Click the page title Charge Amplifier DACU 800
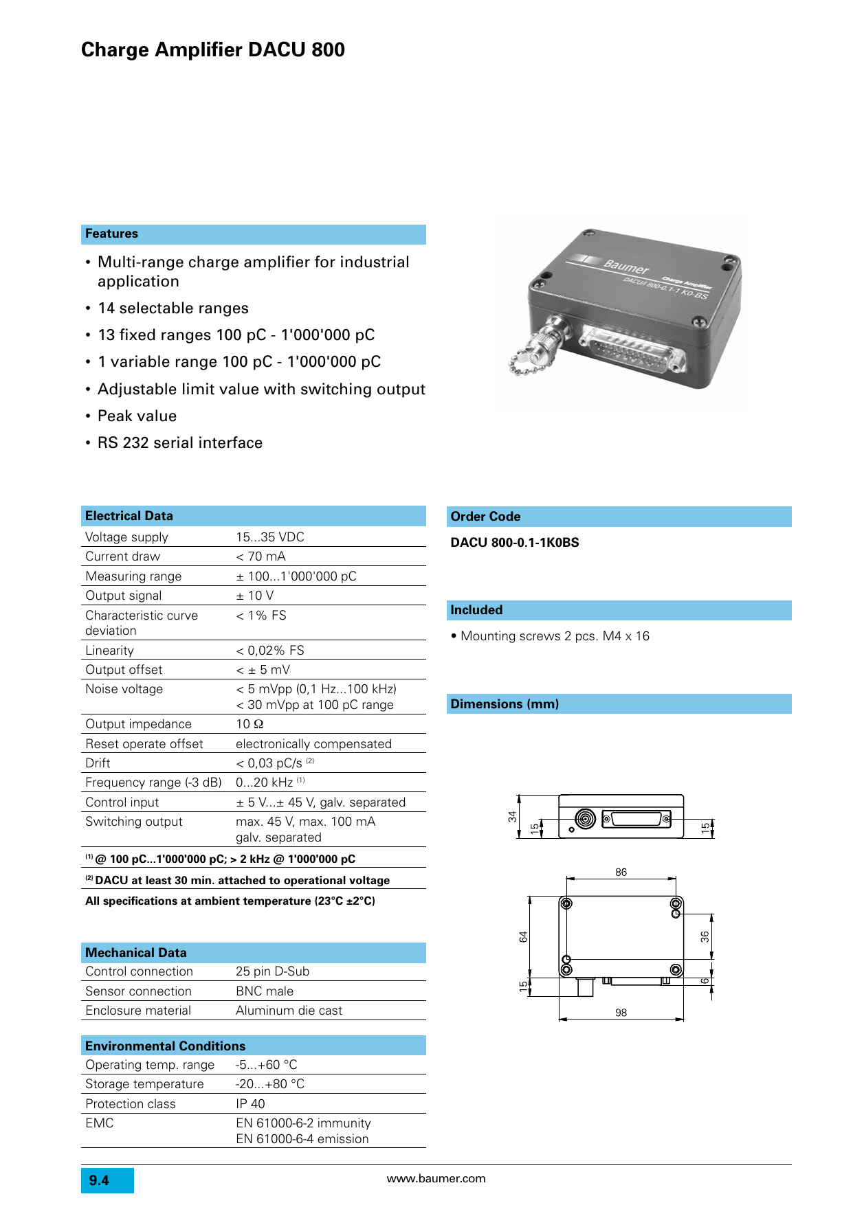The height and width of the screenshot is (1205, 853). (x=213, y=50)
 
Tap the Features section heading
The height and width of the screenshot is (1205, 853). (x=111, y=234)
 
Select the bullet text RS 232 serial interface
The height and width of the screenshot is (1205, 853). (x=180, y=443)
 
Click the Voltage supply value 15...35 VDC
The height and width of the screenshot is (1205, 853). (x=270, y=537)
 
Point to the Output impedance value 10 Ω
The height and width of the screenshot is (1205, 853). (x=250, y=724)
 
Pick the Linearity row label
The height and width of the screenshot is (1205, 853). (x=110, y=651)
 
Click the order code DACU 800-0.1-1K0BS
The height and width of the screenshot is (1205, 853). (x=515, y=543)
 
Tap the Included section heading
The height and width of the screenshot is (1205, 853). (x=476, y=610)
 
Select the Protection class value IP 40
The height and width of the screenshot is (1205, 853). (x=250, y=1104)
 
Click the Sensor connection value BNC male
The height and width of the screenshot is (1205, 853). (x=265, y=991)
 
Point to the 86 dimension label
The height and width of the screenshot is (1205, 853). (x=621, y=872)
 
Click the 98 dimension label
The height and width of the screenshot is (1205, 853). (x=621, y=1013)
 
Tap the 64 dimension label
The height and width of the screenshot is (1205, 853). (x=523, y=936)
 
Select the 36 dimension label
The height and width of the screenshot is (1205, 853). (x=705, y=936)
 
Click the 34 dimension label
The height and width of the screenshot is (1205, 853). (x=512, y=816)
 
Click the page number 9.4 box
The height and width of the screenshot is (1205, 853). (x=107, y=1180)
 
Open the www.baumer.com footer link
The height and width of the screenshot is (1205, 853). (x=436, y=1179)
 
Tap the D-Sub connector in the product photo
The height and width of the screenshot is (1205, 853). (x=632, y=348)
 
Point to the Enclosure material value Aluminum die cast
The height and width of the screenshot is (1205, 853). (x=289, y=1011)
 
